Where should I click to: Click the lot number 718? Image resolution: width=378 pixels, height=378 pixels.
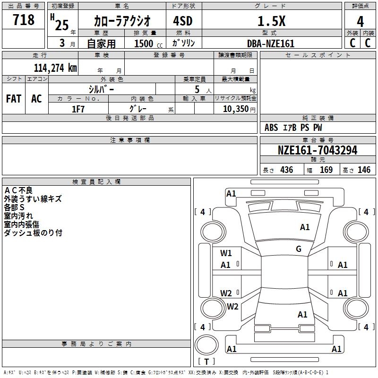(23, 19)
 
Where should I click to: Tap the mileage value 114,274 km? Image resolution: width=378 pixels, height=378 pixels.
(55, 68)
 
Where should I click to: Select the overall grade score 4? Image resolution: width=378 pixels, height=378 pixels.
(360, 21)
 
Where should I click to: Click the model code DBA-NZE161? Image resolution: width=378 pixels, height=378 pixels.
(271, 43)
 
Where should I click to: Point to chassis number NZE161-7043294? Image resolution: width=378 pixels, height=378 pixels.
(318, 150)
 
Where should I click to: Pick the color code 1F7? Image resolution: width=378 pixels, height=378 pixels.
(78, 109)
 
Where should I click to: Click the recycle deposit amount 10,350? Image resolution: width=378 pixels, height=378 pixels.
(235, 109)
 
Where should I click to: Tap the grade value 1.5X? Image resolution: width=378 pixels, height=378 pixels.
(271, 21)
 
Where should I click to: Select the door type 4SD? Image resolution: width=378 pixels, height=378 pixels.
(183, 21)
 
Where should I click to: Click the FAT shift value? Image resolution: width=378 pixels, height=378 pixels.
(14, 99)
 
